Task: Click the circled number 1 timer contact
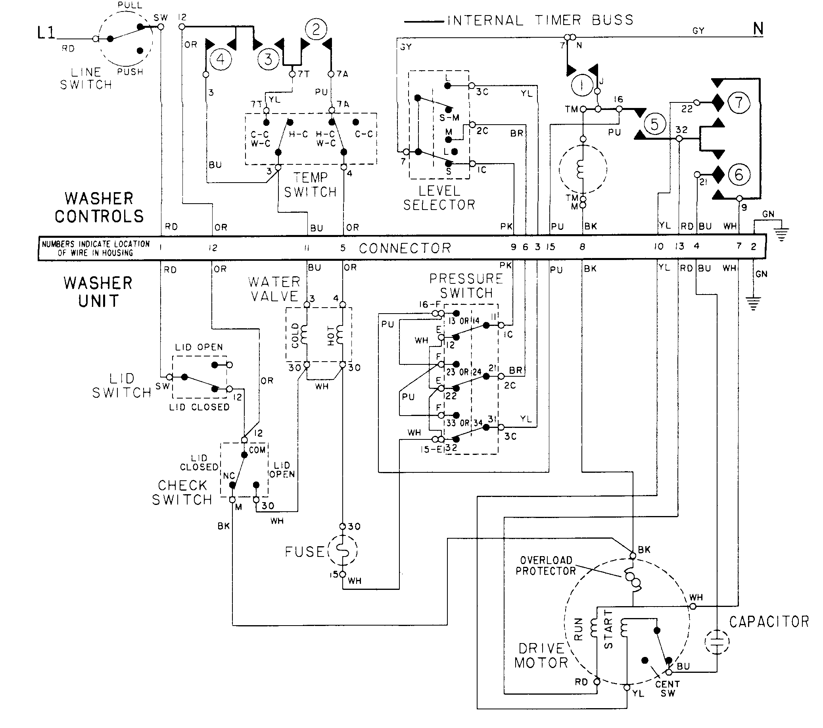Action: pos(582,85)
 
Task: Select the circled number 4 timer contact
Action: pos(220,60)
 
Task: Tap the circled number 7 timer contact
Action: pos(739,102)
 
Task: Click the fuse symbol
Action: pos(343,551)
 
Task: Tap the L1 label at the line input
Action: pos(46,33)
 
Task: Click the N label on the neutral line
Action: pos(758,29)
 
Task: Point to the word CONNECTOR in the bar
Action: pos(405,248)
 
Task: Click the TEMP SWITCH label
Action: pos(310,185)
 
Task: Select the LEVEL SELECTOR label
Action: pos(439,198)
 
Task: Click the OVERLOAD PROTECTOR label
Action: pos(546,566)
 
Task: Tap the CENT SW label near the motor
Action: pos(667,689)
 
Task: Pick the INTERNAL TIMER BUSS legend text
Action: pos(540,20)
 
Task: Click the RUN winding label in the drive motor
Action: pos(579,629)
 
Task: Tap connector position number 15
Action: pos(551,247)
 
